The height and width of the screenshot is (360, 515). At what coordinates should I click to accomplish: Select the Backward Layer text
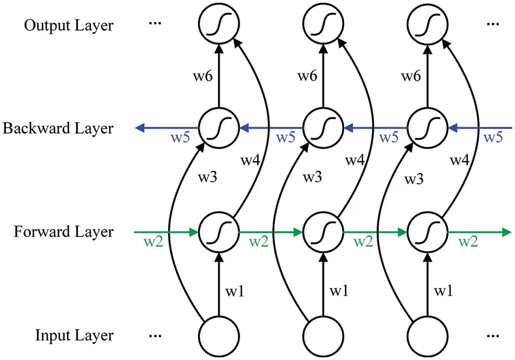click(x=57, y=128)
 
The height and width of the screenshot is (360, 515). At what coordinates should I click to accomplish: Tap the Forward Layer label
click(x=64, y=232)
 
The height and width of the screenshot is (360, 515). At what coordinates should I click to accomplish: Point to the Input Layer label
click(x=74, y=336)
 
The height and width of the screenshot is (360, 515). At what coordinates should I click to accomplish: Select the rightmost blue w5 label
click(x=493, y=138)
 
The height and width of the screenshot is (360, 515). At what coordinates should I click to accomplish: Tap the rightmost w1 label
click(x=443, y=292)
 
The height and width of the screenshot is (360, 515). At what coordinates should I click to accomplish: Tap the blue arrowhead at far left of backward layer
click(x=140, y=128)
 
